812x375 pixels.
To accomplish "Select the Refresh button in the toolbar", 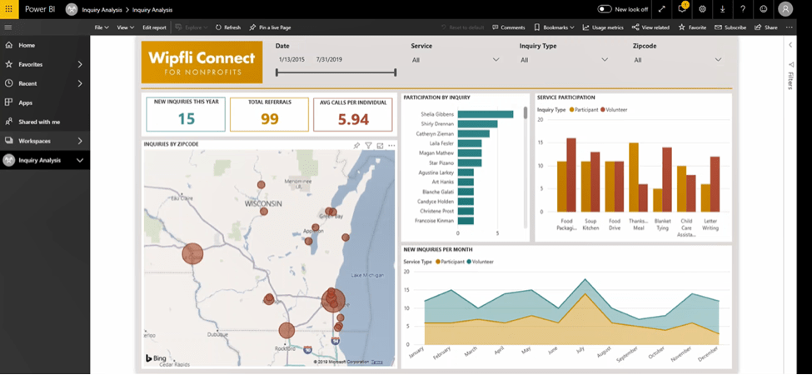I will tap(228, 27).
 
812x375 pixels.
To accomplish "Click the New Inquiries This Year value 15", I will tap(186, 119).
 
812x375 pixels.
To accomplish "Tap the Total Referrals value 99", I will tap(269, 119).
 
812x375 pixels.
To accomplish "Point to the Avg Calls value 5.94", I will tap(353, 119).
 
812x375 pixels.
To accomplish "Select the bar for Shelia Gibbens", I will tap(486, 114).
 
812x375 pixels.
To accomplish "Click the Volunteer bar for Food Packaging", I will tap(571, 174).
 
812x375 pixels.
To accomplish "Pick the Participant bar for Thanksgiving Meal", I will tap(634, 177).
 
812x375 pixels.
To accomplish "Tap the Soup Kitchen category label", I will tap(590, 224).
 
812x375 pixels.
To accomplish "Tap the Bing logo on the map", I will tap(156, 357).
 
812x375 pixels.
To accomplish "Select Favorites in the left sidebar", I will tap(31, 64).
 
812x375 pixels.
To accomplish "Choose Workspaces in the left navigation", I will tap(35, 141).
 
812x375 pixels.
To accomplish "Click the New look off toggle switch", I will tap(605, 8).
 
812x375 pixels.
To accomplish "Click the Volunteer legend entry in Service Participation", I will tap(614, 110).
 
